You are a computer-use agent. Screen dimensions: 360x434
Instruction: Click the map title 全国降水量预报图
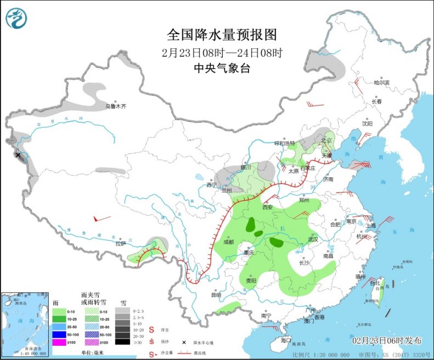pyautogui.click(x=222, y=35)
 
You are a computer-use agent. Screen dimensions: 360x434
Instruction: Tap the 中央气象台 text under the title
pyautogui.click(x=222, y=68)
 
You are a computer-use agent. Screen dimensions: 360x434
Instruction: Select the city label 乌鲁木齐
pyautogui.click(x=116, y=106)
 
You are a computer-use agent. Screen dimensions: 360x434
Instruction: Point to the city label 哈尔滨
pyautogui.click(x=381, y=83)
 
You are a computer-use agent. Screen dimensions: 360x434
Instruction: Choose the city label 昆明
pyautogui.click(x=217, y=295)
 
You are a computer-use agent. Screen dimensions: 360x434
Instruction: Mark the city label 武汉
pyautogui.click(x=313, y=239)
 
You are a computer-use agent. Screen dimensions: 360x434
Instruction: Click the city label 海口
pyautogui.click(x=285, y=340)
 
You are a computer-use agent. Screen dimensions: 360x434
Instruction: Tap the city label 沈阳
pyautogui.click(x=367, y=123)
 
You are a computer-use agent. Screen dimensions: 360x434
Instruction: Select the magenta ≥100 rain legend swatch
pyautogui.click(x=59, y=342)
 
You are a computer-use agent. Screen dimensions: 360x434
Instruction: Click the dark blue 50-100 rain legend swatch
pyautogui.click(x=59, y=334)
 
